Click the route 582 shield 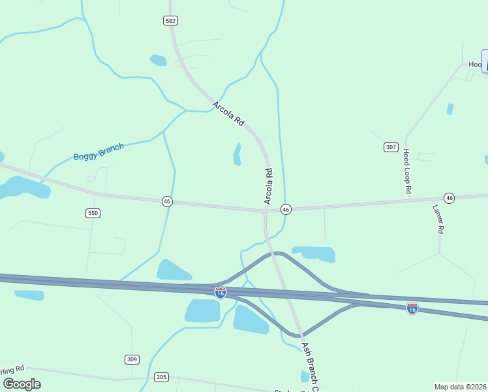coord(171,21)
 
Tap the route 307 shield coord(391,147)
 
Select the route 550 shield coord(93,213)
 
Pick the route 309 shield coord(132,359)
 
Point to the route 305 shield coord(162,377)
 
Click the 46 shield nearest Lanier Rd coord(449,197)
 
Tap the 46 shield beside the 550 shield coord(168,202)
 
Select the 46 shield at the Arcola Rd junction coord(286,209)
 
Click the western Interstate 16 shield coord(221,293)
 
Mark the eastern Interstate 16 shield coord(412,308)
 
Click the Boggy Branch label coord(99,152)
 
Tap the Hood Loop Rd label coord(406,171)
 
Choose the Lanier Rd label coord(438,219)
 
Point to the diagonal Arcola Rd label coord(228,114)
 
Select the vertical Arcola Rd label coord(268,187)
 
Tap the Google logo coord(22,384)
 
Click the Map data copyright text coord(461,386)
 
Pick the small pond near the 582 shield coord(159,60)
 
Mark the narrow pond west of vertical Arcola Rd coord(237,154)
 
